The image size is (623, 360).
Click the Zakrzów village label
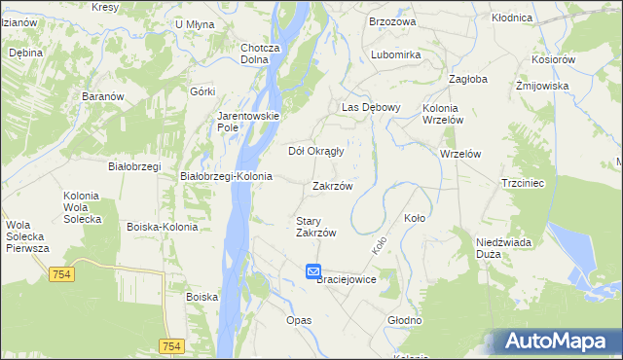coord(332,186)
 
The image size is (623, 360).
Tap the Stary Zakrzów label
coord(315,227)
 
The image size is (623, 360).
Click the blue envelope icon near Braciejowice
coord(312,271)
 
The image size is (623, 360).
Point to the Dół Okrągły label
coord(316,151)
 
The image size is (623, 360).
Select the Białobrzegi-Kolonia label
coord(227,176)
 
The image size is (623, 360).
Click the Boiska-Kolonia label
coord(163,227)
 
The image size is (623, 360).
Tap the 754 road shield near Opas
coord(171,346)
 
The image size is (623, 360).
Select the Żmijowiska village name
coord(541,86)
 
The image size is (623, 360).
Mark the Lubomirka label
coord(395,55)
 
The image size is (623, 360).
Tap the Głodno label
coord(404,320)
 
